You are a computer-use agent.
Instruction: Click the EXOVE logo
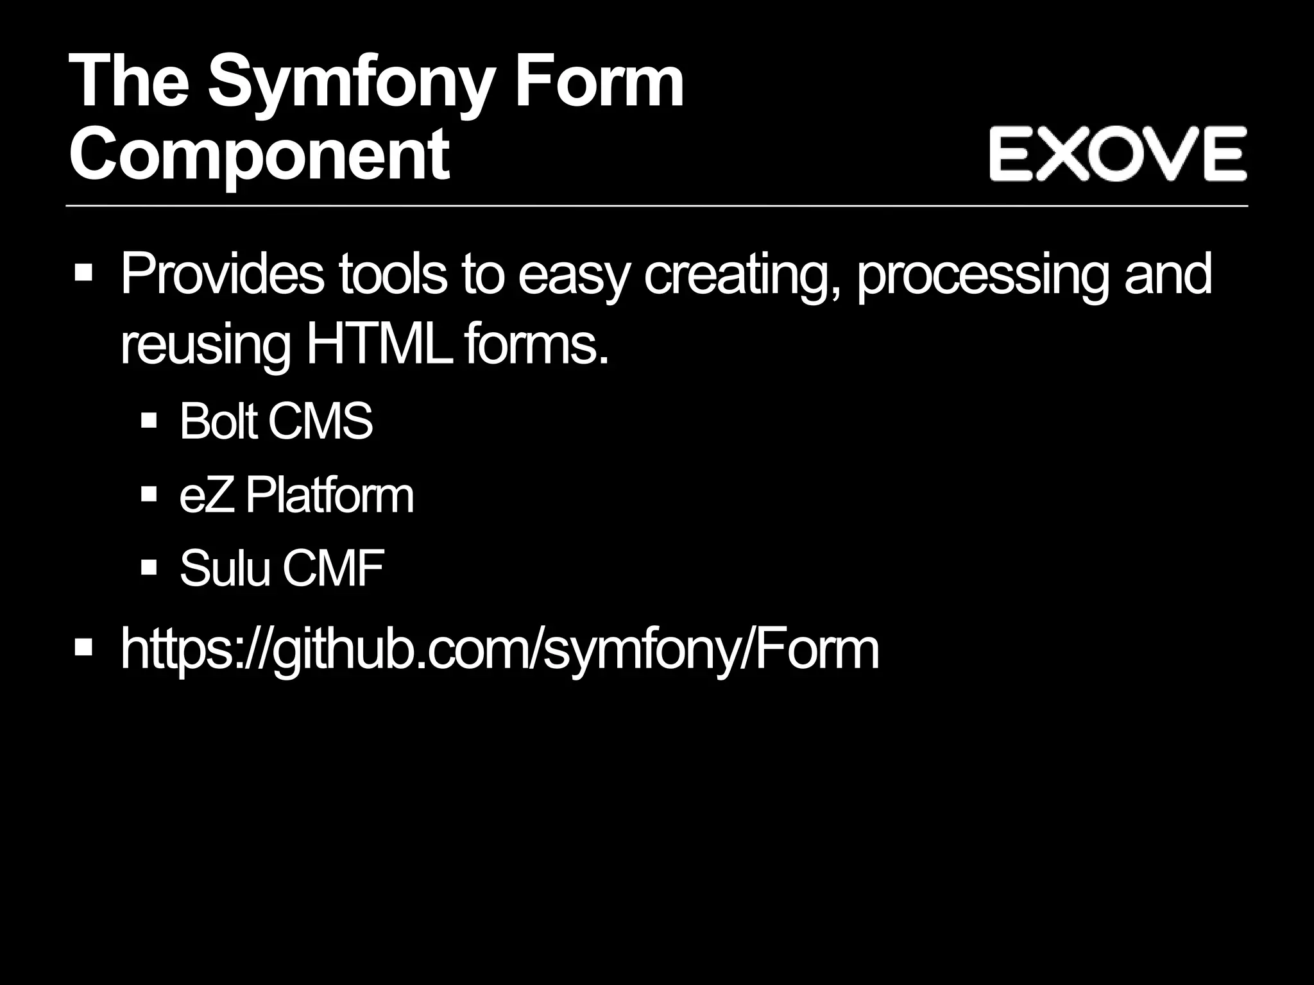tap(1117, 154)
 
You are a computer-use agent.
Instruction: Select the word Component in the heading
tap(259, 154)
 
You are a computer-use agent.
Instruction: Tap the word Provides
tap(222, 274)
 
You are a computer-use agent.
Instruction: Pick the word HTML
tap(379, 345)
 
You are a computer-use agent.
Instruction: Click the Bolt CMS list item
tap(276, 421)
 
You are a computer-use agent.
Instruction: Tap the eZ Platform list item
tap(296, 495)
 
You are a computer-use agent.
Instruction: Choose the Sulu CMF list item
tap(282, 568)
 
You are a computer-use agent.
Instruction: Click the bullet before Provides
tap(83, 273)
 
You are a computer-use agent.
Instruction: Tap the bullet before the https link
tap(83, 648)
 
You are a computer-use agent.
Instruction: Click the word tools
tap(392, 274)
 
